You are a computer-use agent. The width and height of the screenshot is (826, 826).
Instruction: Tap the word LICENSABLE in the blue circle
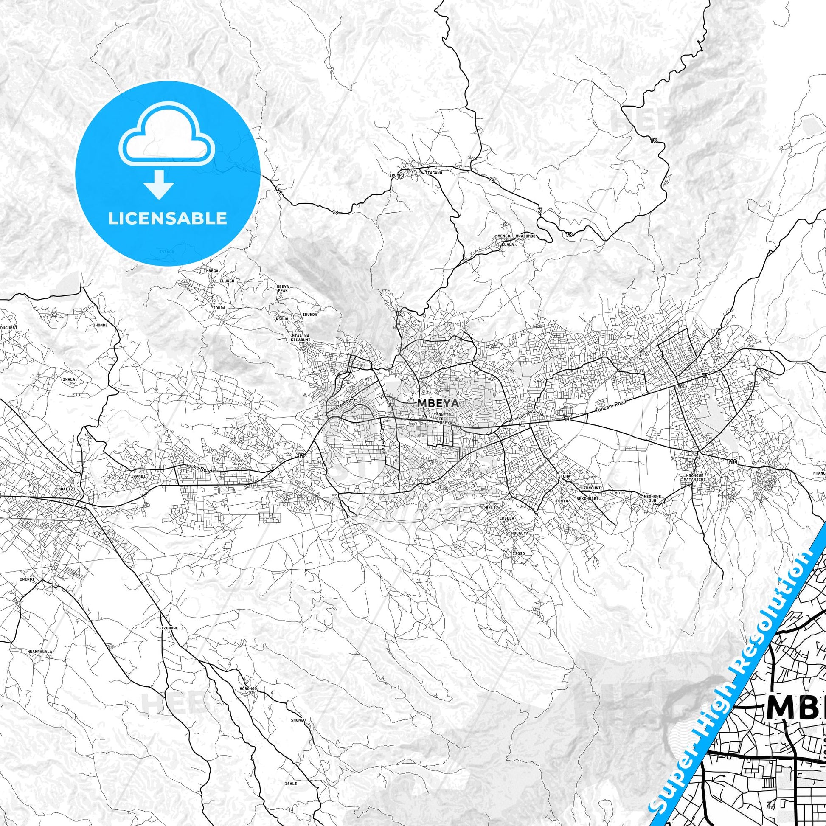[x=167, y=218]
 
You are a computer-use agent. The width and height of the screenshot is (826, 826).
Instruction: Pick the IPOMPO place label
[x=397, y=174]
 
